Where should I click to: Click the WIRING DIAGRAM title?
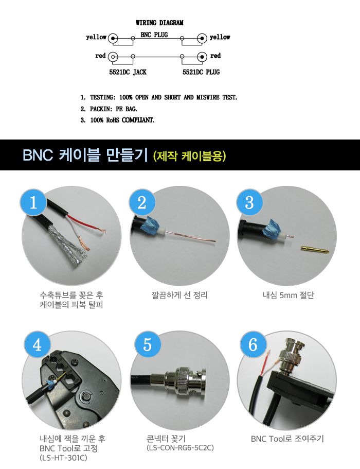(159, 23)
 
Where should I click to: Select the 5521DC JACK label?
(128, 72)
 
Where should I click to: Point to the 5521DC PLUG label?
(201, 72)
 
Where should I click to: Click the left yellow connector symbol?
(114, 38)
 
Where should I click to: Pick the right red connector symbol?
(203, 56)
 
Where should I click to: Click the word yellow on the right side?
(220, 38)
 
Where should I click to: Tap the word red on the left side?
(100, 56)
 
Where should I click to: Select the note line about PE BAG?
(111, 109)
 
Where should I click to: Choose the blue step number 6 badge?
(253, 345)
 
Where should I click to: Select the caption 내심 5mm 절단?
(288, 296)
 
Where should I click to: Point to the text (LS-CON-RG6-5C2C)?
(180, 447)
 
